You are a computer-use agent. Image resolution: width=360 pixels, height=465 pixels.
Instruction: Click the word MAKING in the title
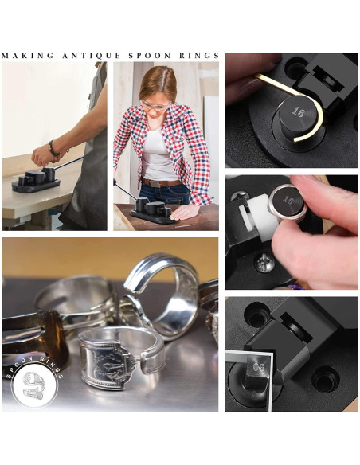point(29,56)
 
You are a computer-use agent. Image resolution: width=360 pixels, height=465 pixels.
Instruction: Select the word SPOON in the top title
point(146,56)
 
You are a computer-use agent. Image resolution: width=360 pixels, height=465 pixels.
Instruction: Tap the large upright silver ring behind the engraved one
point(162,295)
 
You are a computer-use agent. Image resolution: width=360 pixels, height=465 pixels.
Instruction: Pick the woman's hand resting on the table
point(182,212)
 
